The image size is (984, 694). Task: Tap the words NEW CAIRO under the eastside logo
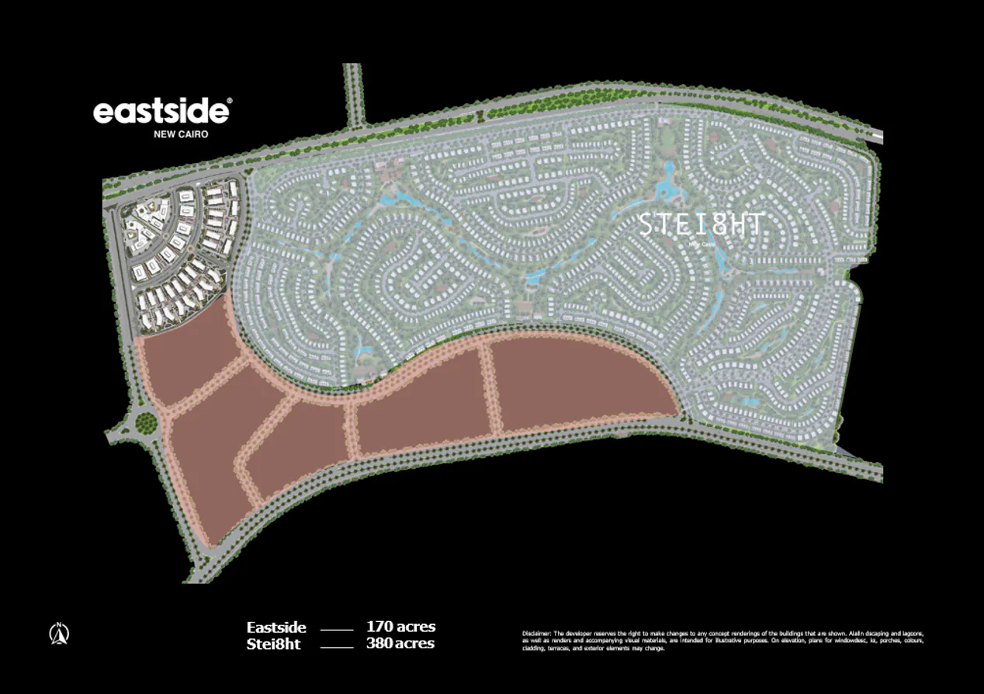tap(181, 134)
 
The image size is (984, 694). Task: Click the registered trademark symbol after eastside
tap(228, 101)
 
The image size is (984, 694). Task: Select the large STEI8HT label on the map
tap(700, 225)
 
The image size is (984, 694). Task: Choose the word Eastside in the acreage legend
tap(276, 627)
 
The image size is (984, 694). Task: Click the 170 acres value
tap(400, 626)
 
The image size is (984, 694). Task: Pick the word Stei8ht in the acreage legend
tap(273, 644)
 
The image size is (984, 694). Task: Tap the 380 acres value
tap(400, 644)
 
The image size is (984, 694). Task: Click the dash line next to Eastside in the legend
tap(336, 629)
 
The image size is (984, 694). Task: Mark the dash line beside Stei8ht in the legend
tap(336, 645)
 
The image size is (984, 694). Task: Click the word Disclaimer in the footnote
tap(538, 633)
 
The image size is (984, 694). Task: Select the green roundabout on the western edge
tap(145, 423)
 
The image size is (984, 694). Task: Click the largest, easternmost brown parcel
tap(578, 384)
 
